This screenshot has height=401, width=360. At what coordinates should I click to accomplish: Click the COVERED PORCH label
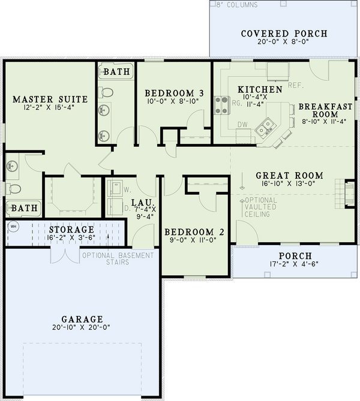[284, 34]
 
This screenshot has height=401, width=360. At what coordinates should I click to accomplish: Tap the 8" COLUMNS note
[235, 5]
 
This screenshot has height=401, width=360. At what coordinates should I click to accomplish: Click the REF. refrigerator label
[295, 86]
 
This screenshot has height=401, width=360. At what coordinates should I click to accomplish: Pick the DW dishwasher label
[243, 125]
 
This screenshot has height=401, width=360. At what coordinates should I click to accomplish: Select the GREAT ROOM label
[289, 176]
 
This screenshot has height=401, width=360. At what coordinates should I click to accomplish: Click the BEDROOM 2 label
[190, 232]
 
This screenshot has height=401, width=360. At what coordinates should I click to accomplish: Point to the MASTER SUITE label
[50, 98]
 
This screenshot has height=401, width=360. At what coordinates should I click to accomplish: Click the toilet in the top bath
[106, 92]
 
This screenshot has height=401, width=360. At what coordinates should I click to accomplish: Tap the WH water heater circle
[12, 227]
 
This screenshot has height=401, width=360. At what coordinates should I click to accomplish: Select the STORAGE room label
[71, 230]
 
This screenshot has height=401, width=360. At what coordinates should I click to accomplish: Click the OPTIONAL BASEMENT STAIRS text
[118, 258]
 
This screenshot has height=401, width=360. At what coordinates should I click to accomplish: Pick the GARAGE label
[82, 319]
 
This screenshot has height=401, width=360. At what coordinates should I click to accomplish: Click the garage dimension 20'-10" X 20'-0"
[82, 328]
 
